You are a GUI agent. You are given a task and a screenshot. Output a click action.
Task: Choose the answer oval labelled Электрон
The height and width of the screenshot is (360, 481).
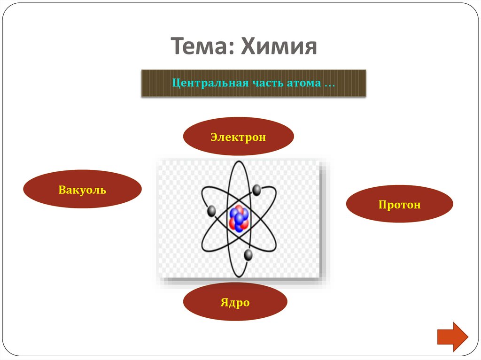pos(238,137)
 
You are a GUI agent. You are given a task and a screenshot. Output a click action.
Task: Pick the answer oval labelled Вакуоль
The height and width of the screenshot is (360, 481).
pos(82,190)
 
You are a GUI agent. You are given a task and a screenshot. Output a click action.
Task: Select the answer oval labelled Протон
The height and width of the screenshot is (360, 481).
pos(399,204)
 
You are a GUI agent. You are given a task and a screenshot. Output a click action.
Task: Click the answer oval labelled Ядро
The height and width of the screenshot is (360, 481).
pos(235,302)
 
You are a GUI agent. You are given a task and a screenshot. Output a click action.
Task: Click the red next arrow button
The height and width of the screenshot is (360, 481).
pos(452,337)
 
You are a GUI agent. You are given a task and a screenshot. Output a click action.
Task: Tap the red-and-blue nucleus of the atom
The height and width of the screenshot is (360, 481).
pos(239,218)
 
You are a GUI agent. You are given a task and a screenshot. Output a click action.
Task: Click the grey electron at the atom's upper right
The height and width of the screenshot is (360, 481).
pos(256,190)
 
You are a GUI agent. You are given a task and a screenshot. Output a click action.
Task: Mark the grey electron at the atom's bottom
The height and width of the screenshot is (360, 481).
pos(248,255)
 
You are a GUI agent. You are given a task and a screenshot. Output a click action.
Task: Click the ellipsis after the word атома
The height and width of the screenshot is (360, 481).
pos(329,85)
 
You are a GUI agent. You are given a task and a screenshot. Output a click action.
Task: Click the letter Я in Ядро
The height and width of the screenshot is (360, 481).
pos(225,302)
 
